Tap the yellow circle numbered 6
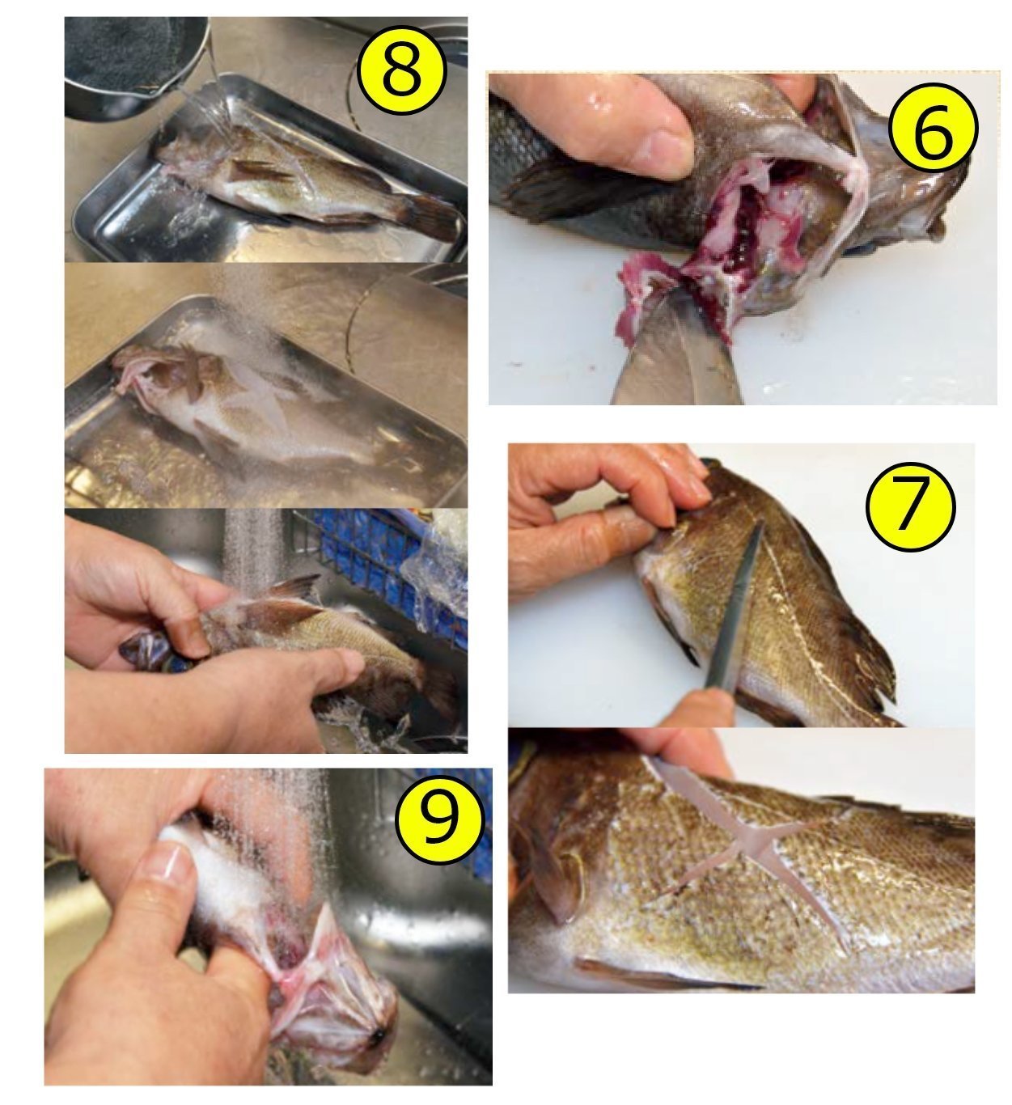point(934,127)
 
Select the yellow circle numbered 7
point(911,506)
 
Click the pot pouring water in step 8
point(135,63)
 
